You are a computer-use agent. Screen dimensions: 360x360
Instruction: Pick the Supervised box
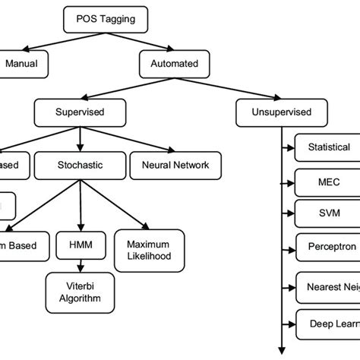click(80, 112)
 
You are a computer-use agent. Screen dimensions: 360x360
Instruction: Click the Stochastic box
click(81, 163)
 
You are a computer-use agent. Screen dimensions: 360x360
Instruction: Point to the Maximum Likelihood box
click(149, 250)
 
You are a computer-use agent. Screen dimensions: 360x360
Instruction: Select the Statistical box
click(328, 147)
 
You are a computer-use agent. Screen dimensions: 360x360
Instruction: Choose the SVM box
click(328, 213)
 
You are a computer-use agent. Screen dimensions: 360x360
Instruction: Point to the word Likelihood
click(149, 257)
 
